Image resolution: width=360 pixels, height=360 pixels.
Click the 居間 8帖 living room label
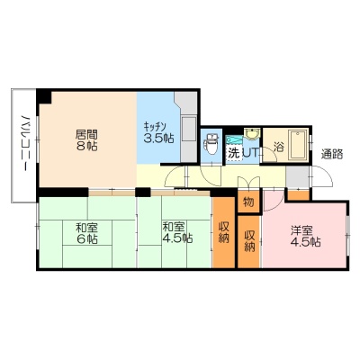tap(86, 140)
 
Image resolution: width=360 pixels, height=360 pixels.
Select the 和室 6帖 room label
tap(86, 233)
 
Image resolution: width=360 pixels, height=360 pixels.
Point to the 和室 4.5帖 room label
tap(177, 232)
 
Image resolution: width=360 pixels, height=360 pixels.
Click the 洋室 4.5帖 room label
tap(305, 236)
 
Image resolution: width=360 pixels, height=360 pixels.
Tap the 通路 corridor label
tap(332, 154)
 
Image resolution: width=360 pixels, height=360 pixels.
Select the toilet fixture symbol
tap(211, 143)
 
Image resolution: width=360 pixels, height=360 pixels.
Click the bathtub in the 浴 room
tap(298, 145)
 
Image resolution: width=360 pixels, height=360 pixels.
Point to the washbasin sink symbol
tap(251, 134)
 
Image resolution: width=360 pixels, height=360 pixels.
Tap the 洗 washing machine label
tap(234, 153)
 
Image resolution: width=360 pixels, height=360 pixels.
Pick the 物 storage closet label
tap(248, 202)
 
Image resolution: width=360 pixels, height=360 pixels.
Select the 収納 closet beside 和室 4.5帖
tap(223, 232)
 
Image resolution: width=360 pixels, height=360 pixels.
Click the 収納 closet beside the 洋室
tap(249, 241)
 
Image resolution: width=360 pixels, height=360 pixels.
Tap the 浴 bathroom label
tap(279, 147)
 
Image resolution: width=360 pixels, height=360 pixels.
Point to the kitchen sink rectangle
tap(189, 129)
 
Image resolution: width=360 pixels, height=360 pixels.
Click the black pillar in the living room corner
tap(44, 96)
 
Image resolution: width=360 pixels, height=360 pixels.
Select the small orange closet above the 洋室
tap(298, 194)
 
